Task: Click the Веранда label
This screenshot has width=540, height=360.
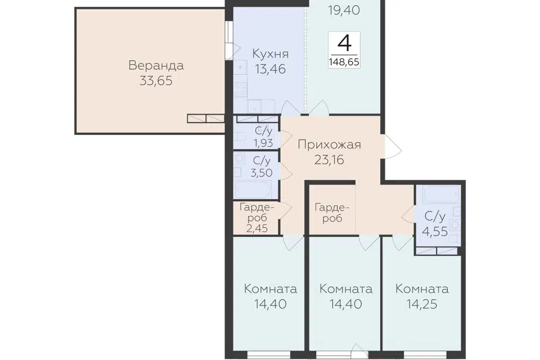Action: [x=156, y=65]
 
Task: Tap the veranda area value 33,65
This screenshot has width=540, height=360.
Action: [x=156, y=81]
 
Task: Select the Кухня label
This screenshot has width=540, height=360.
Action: [x=271, y=54]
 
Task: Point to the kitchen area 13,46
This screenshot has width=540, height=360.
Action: [x=271, y=69]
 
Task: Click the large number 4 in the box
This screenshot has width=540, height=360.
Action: [x=344, y=43]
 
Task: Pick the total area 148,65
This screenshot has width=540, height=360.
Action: [x=344, y=62]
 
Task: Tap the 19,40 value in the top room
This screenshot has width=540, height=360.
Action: [x=344, y=10]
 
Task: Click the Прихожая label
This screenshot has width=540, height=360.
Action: [x=329, y=145]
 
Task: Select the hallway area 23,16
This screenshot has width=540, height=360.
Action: [x=329, y=160]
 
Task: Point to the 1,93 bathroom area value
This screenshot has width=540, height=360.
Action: [x=263, y=143]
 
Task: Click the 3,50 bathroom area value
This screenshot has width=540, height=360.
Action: [x=262, y=173]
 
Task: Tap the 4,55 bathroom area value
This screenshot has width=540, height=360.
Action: [x=435, y=232]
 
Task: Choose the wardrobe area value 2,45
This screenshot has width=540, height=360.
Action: [x=257, y=228]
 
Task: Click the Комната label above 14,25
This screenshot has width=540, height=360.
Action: [x=422, y=289]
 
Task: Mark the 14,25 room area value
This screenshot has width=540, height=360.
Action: [x=422, y=304]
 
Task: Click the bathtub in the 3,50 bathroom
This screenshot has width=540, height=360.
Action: [x=253, y=190]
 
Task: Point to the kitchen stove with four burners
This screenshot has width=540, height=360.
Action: [x=240, y=90]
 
